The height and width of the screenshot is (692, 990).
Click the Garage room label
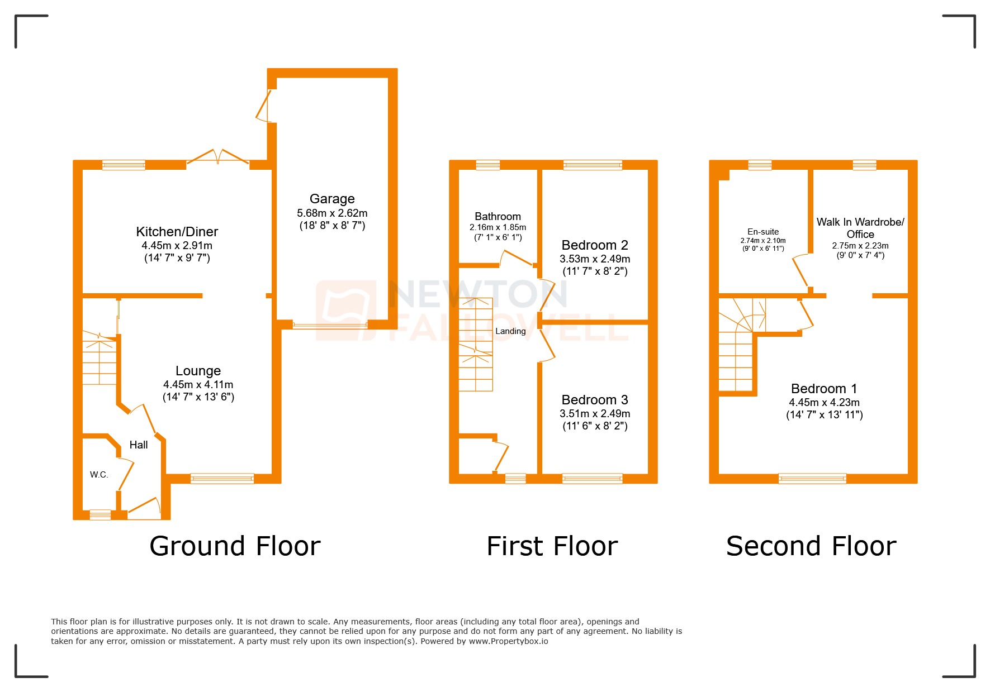coord(332,199)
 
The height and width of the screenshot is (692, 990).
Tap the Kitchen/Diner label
coord(177,232)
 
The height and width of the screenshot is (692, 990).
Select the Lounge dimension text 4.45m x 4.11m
coord(198,384)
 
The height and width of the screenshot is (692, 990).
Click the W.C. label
coord(99,475)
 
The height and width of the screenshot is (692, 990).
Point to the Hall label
coord(139,445)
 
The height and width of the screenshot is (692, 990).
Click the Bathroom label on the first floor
coord(498,216)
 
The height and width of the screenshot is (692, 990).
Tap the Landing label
coord(510,331)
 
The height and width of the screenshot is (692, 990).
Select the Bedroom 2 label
coord(595,245)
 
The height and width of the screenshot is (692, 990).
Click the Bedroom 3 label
coord(595,400)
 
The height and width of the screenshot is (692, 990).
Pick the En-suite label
coord(763,232)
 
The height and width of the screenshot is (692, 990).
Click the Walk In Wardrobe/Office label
coord(860,228)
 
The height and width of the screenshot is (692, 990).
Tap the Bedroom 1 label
coord(824,389)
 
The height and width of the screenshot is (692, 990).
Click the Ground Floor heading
coord(235,546)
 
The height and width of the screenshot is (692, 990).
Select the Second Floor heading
coord(811,546)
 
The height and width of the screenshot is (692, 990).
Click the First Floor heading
coord(552,546)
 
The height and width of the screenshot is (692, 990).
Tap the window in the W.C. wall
coord(100,514)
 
